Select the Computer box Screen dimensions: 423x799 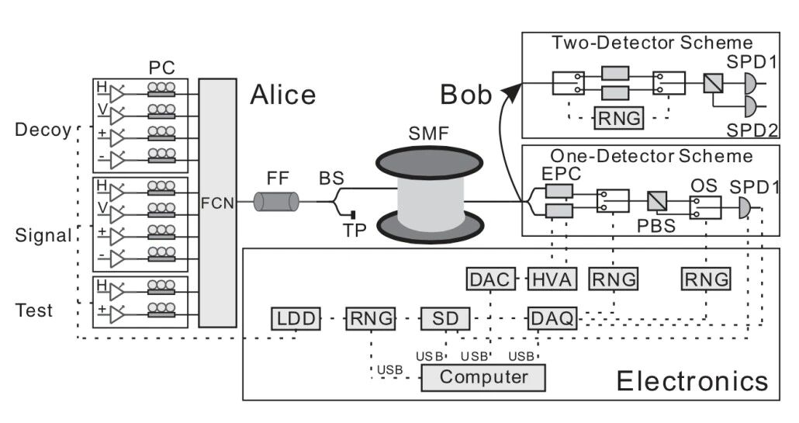(x=483, y=377)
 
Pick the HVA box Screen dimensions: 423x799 (x=549, y=279)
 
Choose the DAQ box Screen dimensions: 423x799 (x=552, y=317)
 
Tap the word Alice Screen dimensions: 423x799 (x=283, y=95)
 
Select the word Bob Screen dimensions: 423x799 (x=466, y=95)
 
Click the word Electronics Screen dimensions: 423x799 (x=692, y=381)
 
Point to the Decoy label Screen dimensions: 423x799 (x=43, y=129)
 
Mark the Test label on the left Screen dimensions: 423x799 (x=34, y=310)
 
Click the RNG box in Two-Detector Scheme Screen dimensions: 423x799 (x=617, y=119)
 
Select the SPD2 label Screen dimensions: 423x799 (x=751, y=130)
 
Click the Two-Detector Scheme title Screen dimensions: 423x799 (x=652, y=43)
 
